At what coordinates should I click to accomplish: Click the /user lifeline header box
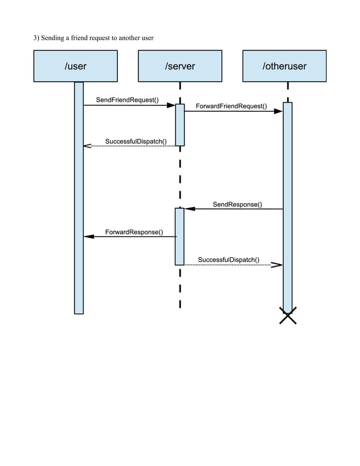76,66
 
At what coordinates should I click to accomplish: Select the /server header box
180,66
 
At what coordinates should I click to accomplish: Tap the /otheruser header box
284,66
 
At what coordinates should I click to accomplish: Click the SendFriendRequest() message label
127,100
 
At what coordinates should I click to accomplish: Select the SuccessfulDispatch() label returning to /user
135,140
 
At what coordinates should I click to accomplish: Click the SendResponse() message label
237,204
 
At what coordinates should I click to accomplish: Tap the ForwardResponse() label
134,232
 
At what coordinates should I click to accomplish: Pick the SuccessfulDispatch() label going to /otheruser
229,260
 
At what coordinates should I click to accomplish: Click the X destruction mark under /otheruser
288,316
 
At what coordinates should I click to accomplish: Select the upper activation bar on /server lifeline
180,125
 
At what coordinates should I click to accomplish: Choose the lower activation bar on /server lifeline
180,236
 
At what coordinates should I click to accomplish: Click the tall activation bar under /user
79,197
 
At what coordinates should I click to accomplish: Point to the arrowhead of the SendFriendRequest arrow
171,105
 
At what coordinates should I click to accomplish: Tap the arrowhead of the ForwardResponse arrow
89,237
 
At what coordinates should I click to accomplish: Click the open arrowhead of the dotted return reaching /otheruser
277,264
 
